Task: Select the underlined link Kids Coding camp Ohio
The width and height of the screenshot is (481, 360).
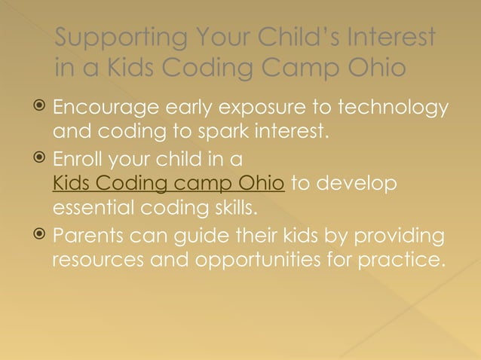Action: [x=168, y=185]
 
